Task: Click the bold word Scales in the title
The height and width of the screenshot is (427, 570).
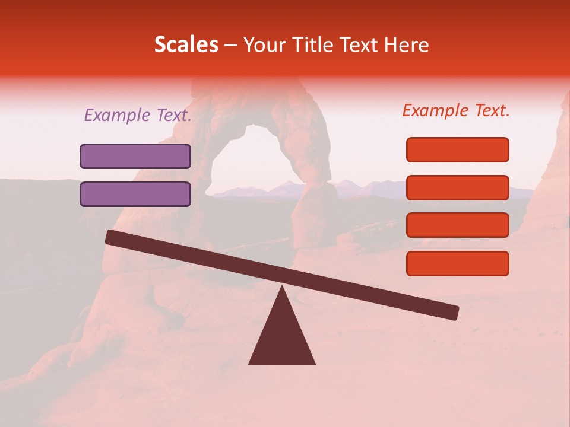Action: click(186, 45)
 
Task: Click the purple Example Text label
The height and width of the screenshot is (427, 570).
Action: click(138, 115)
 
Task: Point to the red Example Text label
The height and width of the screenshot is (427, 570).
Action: click(456, 110)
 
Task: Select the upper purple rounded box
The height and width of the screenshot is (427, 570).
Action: click(135, 156)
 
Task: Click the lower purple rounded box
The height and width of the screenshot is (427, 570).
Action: click(135, 194)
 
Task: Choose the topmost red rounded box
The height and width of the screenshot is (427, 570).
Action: click(458, 149)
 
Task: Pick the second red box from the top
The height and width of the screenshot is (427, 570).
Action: click(458, 187)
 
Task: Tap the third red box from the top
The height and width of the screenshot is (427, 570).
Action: click(458, 225)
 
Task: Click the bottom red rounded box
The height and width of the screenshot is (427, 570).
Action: click(458, 263)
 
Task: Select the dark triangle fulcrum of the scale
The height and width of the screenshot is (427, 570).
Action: click(282, 338)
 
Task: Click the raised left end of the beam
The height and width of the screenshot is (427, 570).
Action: click(110, 237)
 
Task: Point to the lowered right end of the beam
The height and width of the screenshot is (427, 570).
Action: click(454, 312)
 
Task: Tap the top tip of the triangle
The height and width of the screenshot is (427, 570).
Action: click(282, 288)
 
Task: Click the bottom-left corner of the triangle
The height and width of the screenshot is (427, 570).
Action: click(250, 364)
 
